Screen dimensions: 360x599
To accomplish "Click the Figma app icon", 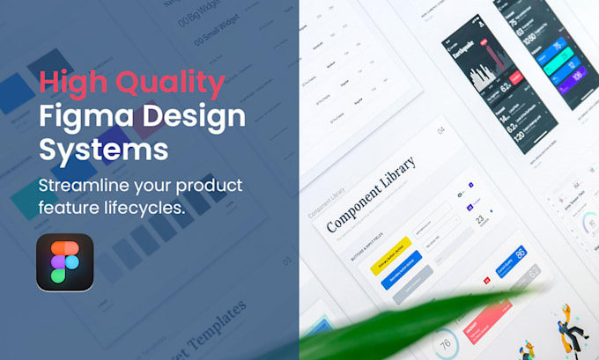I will pyautogui.click(x=64, y=261).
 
